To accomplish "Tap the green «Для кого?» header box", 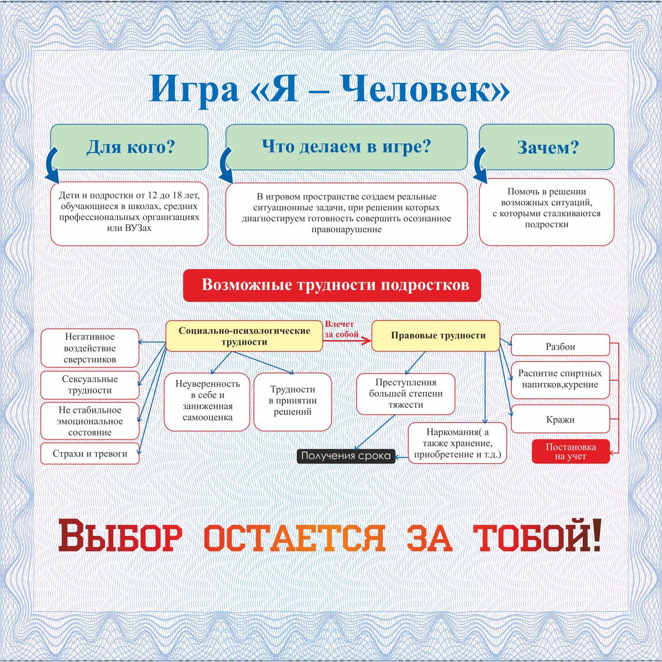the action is click(130, 147).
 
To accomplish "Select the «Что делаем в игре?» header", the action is click(346, 147).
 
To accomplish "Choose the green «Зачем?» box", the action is click(547, 147).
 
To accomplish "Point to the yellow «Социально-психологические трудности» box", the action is click(244, 336).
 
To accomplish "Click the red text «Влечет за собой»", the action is click(341, 329).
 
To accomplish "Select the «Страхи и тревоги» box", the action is click(90, 453).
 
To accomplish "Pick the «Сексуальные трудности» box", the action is click(90, 385).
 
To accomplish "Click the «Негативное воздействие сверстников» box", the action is click(90, 348).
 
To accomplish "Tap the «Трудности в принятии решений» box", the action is click(292, 401).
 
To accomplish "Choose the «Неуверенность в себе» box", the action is click(207, 401).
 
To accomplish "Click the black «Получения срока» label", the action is click(346, 456).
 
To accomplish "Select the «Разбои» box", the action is click(560, 346).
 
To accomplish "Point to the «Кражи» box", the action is click(560, 419).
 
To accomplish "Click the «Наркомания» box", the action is click(457, 443).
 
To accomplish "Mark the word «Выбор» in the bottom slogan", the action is click(120, 537).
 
